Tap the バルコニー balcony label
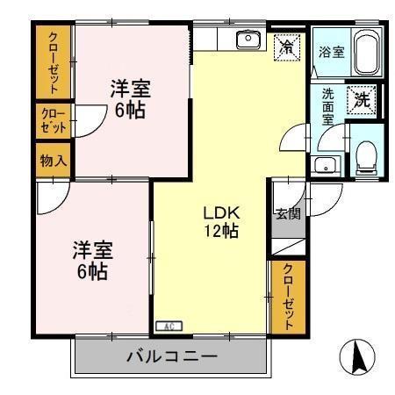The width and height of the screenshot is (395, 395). tap(171, 356)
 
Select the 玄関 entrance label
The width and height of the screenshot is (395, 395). tap(287, 213)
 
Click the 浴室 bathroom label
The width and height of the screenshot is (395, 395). tap(331, 53)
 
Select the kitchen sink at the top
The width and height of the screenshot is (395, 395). tap(248, 38)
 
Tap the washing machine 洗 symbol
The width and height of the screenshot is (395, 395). tap(361, 99)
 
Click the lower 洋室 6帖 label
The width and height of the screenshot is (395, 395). tap(90, 261)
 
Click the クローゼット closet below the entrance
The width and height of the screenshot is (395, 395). tap(287, 298)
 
